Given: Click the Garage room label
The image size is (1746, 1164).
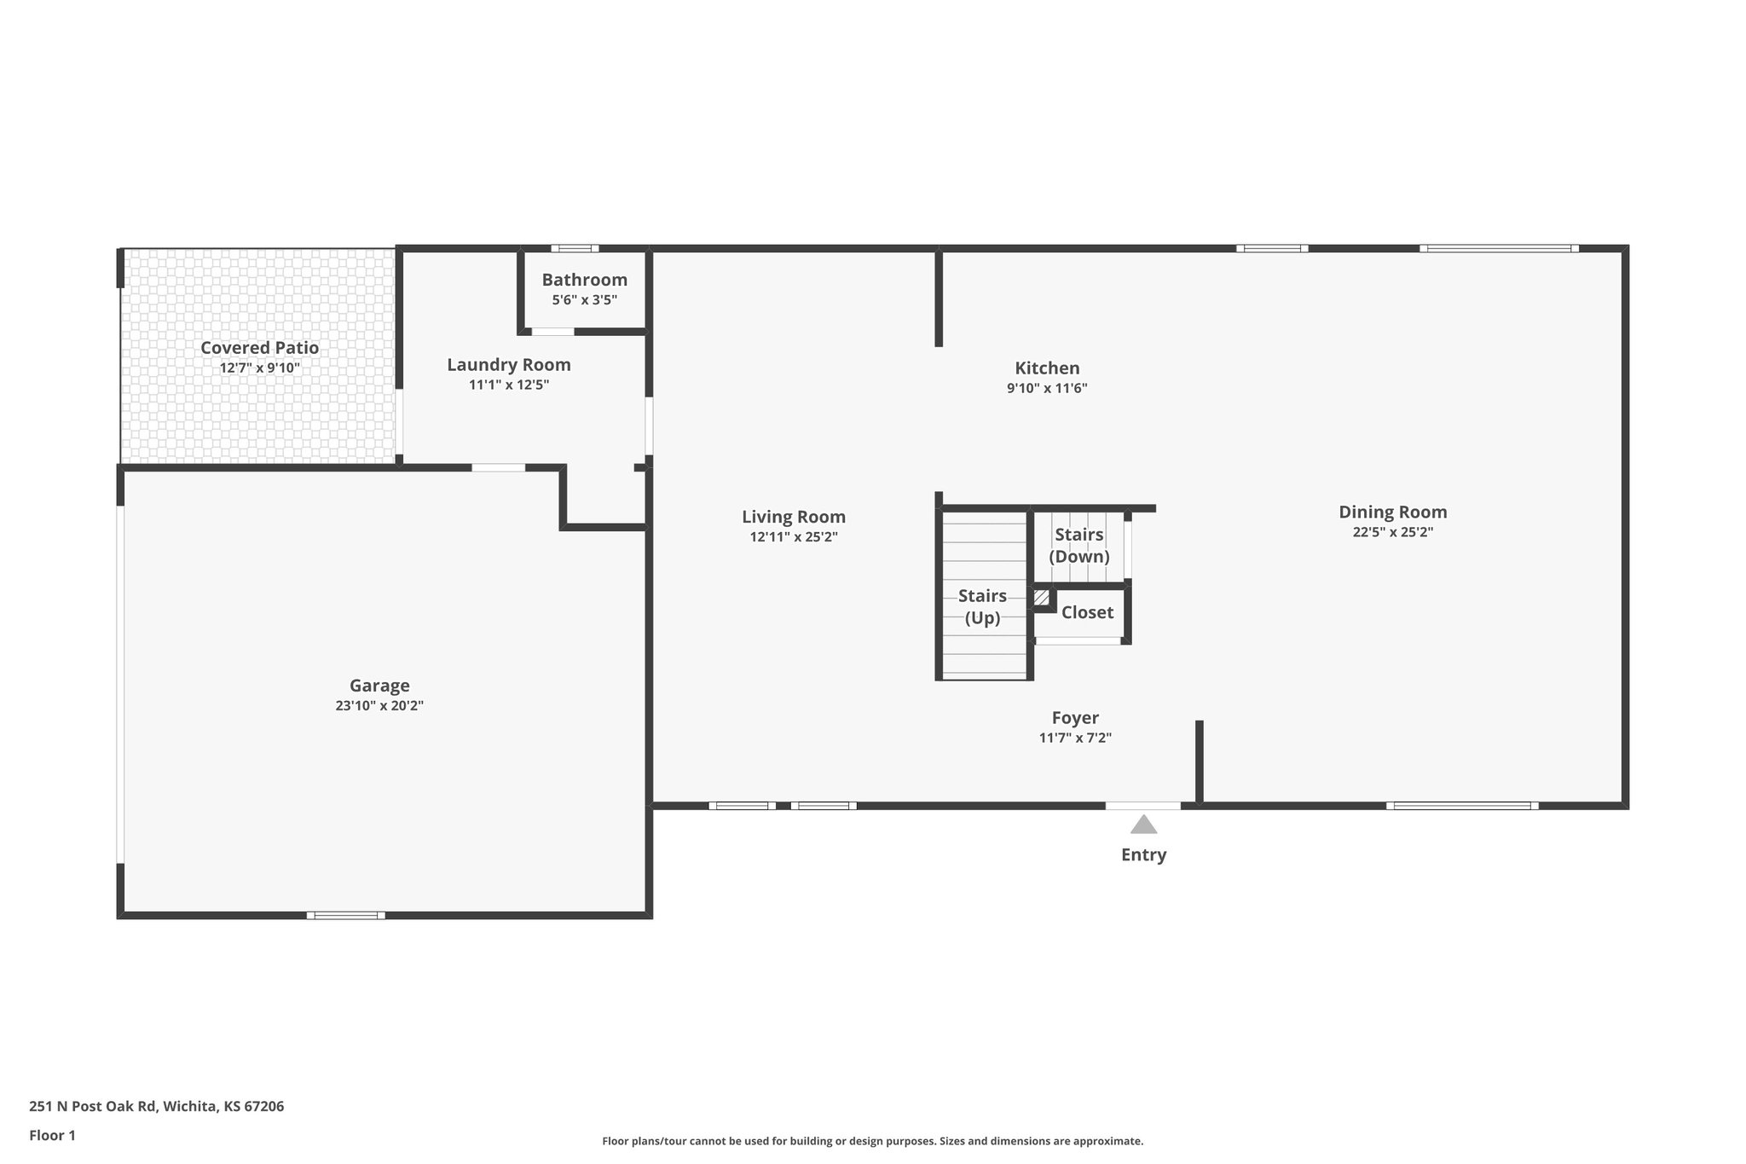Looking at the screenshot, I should [x=379, y=686].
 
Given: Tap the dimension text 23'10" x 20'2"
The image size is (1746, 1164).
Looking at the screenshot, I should [x=379, y=706].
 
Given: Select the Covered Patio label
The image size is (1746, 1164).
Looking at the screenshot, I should [x=259, y=348].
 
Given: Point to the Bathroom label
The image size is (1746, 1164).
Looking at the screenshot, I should [x=584, y=280].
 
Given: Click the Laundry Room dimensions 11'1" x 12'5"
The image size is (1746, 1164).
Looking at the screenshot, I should [x=509, y=385].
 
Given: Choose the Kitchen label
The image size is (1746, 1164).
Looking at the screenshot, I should [x=1047, y=368].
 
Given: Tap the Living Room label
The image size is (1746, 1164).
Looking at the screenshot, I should [x=793, y=517].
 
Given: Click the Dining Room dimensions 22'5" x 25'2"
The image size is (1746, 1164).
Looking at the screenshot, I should [x=1392, y=532].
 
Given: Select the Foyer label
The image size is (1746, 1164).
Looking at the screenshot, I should [x=1074, y=718].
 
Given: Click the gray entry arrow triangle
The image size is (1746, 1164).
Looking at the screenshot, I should [x=1143, y=825].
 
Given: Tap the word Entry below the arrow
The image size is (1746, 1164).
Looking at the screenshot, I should [x=1143, y=854].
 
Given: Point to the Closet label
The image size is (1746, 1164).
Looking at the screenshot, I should [x=1087, y=612].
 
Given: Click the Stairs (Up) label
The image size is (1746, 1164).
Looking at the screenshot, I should [x=982, y=606].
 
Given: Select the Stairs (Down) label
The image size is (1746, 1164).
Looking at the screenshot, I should [x=1078, y=546].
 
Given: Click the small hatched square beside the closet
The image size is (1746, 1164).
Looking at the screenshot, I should [x=1041, y=598].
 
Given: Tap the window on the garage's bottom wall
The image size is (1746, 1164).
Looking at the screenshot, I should [x=345, y=915].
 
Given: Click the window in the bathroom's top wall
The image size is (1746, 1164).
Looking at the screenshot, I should [x=574, y=248].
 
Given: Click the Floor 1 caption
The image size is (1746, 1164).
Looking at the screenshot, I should [x=52, y=1135].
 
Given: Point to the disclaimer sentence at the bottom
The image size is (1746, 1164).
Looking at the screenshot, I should [x=872, y=1141].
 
